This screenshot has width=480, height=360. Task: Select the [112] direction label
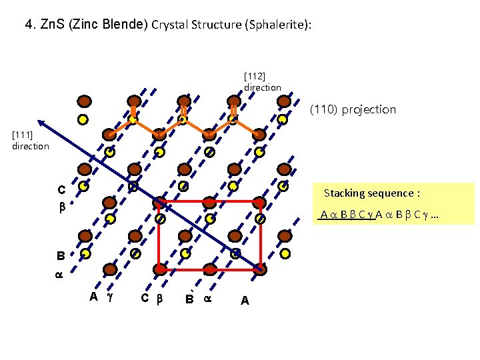pos(262,82)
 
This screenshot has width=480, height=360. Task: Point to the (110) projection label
pos(353,109)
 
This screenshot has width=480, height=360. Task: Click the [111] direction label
pos(30,141)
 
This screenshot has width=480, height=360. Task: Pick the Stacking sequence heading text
pos(371,193)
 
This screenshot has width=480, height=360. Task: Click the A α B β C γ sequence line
pos(383,215)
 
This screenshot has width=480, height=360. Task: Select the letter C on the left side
pos(61,189)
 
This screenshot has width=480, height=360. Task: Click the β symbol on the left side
pos(61,207)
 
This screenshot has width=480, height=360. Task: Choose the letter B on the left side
pos(61,255)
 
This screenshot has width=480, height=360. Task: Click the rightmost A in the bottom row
pos(245,301)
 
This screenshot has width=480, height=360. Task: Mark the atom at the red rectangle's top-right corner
pos(260,201)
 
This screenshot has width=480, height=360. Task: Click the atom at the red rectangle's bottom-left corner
pos(160,269)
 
